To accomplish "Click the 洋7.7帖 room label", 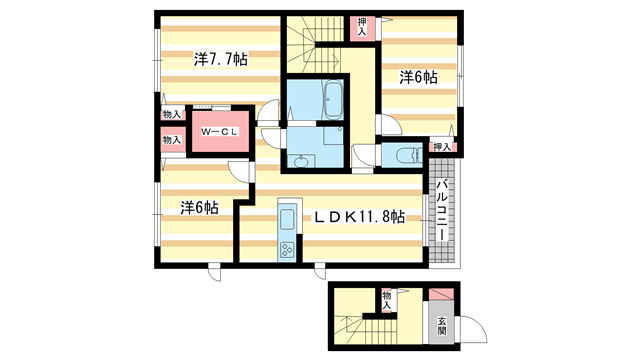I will coord(221,59).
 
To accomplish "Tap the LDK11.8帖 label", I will coord(359,216).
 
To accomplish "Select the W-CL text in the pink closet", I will coord(217,132).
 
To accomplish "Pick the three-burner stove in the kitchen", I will coord(286,248).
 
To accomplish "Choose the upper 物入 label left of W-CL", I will coord(172,115).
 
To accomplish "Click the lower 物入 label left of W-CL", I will coord(172,140).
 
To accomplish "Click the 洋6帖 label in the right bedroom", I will coord(418,76).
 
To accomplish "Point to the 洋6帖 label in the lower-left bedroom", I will coord(199,207).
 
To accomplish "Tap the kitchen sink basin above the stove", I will coord(286,219).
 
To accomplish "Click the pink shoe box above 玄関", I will coord(441,296).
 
